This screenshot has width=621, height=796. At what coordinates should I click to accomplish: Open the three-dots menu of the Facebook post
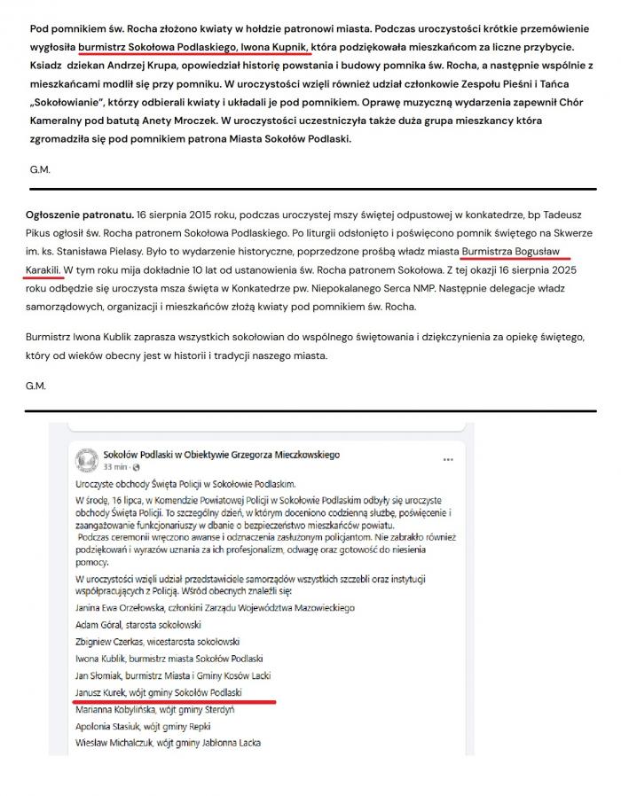[x=448, y=459]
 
